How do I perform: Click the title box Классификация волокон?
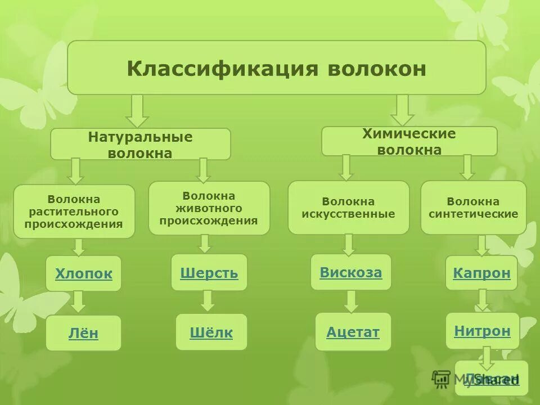point(276,68)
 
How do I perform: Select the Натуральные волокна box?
point(140,145)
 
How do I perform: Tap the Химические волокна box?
point(409,142)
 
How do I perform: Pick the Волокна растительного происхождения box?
point(74,211)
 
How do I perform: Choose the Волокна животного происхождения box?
point(209,208)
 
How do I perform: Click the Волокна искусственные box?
point(348,208)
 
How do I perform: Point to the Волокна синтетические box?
point(473,208)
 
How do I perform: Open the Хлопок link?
point(83,274)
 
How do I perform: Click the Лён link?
point(83,334)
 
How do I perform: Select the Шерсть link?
point(209,273)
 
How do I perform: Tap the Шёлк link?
point(211,333)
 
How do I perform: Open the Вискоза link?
point(350,272)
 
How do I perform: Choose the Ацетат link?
point(353,332)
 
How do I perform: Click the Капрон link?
point(481,273)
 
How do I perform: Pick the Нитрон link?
point(482,331)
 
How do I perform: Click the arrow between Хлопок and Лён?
point(79,301)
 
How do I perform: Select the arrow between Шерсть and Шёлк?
point(208,300)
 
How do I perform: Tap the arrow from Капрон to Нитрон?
point(482,300)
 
